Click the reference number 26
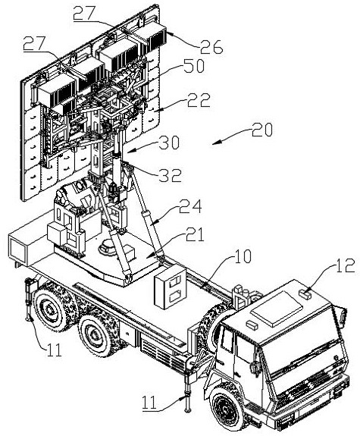click(x=211, y=47)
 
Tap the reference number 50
click(x=193, y=66)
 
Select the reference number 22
click(x=199, y=100)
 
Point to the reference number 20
click(x=262, y=130)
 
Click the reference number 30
click(x=169, y=143)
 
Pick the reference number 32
click(x=171, y=175)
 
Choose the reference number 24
click(x=190, y=206)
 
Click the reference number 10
click(x=242, y=256)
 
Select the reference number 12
click(x=346, y=265)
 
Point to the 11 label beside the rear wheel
click(x=54, y=350)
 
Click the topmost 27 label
click(x=85, y=13)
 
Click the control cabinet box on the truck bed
click(x=171, y=286)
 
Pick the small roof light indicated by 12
click(x=305, y=293)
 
